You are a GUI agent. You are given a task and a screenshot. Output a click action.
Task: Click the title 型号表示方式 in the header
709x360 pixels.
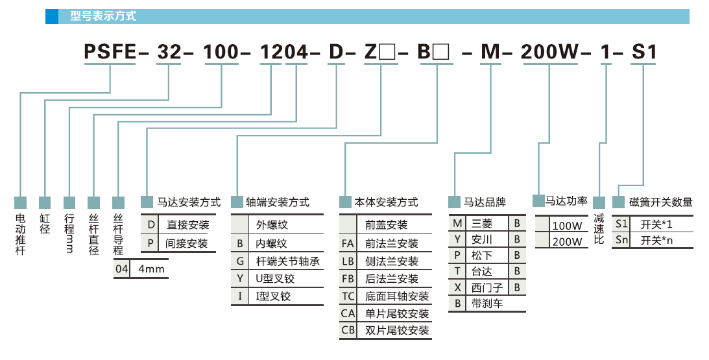[x=103, y=16]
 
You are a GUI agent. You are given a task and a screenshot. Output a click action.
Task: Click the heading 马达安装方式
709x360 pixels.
[x=189, y=202]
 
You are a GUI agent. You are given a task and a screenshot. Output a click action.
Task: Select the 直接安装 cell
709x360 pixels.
[x=187, y=225]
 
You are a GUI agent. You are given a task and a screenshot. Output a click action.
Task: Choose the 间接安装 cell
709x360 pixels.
[x=187, y=243]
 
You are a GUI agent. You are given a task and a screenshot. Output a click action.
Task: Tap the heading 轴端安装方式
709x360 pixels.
[x=277, y=202]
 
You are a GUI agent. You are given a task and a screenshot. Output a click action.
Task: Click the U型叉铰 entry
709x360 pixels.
[x=275, y=279]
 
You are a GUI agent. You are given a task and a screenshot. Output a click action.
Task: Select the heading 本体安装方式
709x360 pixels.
[x=387, y=202]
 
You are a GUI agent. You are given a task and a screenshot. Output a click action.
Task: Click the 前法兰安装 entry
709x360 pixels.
[x=391, y=244]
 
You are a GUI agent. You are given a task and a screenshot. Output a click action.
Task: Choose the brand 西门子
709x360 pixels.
[x=486, y=286]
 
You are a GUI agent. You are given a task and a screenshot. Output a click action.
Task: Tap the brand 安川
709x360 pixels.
[x=481, y=239]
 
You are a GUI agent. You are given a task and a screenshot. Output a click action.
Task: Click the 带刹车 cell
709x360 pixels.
[x=487, y=303]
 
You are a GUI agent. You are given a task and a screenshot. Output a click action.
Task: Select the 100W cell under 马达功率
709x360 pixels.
[x=566, y=226]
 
